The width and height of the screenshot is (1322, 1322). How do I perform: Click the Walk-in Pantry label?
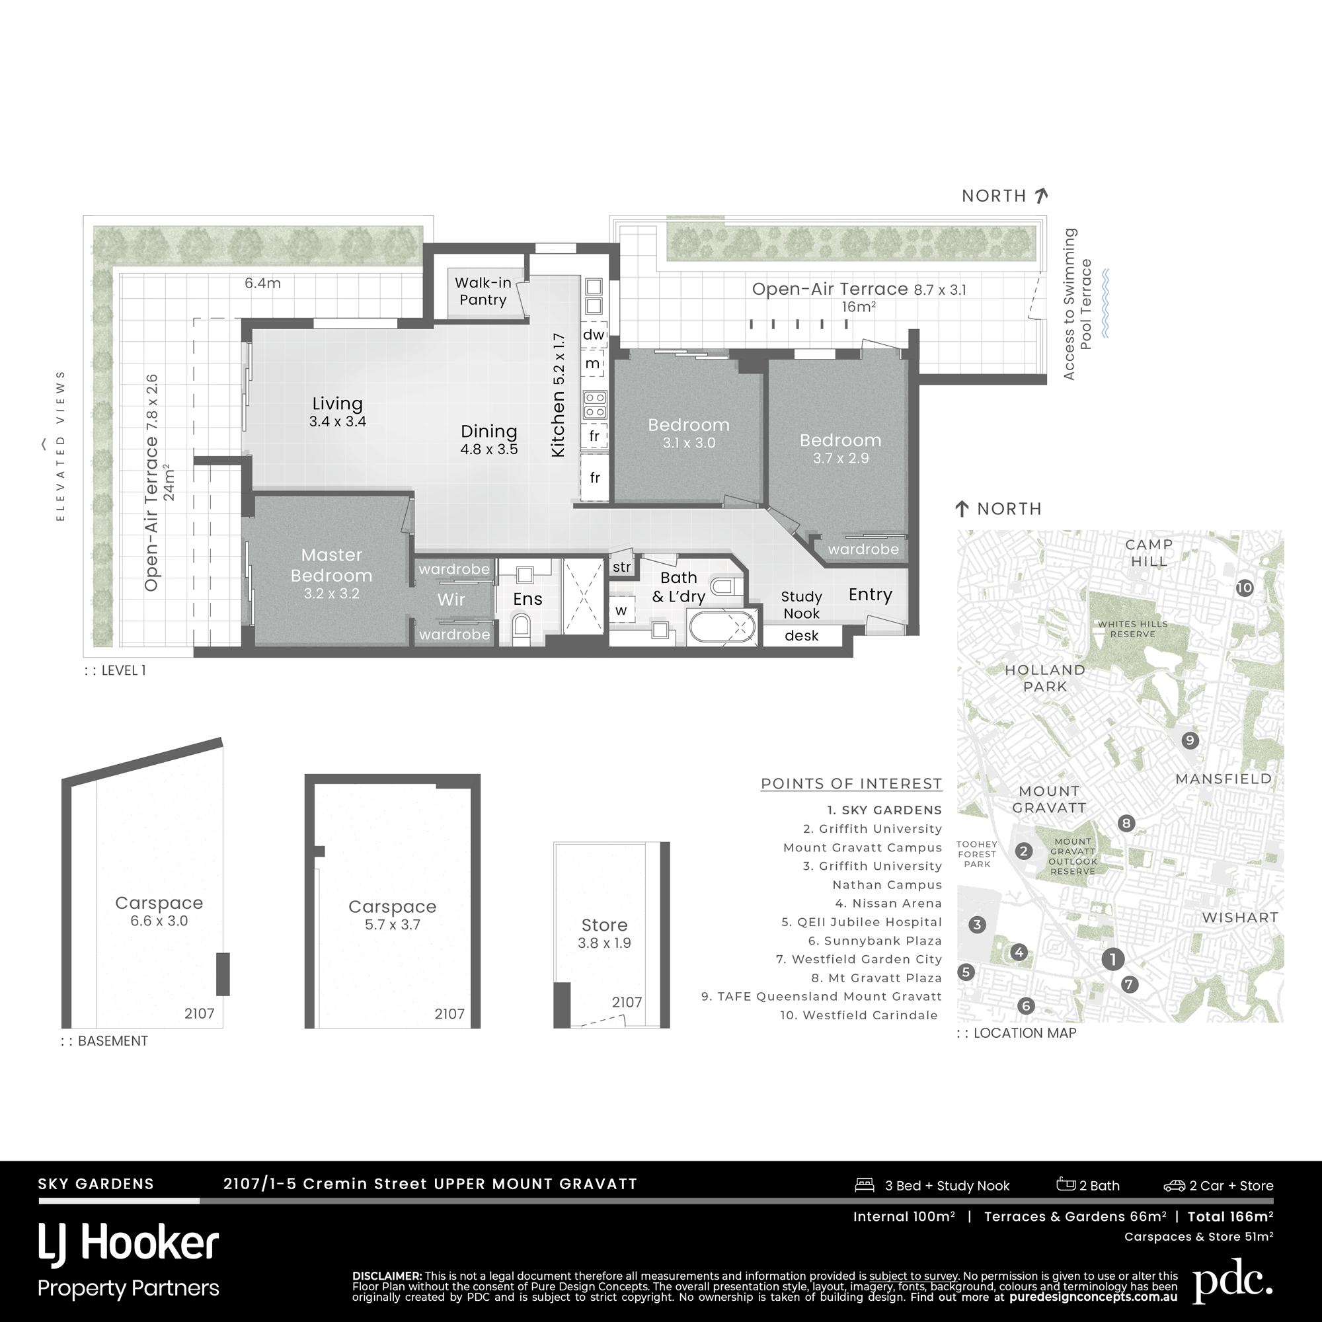coord(483,292)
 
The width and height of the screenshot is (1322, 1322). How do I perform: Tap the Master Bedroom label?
coord(331,565)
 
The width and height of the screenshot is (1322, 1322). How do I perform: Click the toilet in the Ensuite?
coord(521,625)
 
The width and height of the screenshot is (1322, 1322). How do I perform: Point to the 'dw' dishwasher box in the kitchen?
coord(594,334)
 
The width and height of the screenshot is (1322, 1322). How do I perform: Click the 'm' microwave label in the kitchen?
coord(592,364)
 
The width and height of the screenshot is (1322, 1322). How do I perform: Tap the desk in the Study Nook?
coord(801,636)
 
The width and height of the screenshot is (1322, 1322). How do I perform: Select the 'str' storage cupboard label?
coord(621,567)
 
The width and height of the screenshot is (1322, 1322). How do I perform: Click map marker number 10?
coord(1244,588)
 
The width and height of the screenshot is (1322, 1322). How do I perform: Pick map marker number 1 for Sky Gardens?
coord(1112,959)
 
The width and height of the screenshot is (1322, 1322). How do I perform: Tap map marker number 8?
coord(1126,823)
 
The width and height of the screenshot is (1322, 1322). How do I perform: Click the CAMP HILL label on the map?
coord(1149,553)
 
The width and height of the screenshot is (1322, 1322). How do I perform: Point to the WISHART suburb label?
coord(1240,917)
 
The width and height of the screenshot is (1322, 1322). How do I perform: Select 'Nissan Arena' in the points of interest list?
coord(896,903)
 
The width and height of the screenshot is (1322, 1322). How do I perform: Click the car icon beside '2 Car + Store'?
coord(1174,1186)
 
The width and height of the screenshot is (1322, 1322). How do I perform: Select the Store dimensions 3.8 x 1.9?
coord(604,943)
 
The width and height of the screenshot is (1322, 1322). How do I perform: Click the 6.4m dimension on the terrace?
coord(263,283)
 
